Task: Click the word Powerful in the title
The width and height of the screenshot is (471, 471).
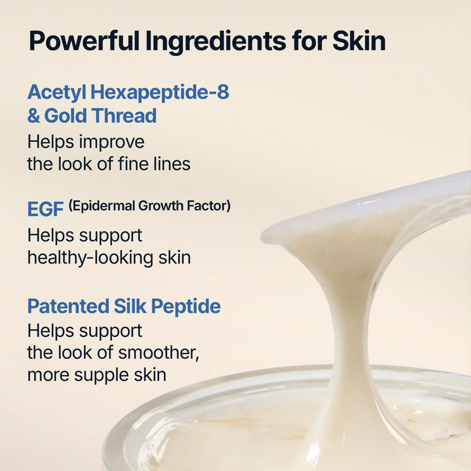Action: click(84, 41)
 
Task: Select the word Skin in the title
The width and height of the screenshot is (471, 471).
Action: click(358, 41)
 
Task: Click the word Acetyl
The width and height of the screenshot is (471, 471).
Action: click(57, 92)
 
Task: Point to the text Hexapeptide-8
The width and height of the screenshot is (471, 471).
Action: click(160, 92)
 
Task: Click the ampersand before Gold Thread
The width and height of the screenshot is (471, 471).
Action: click(33, 116)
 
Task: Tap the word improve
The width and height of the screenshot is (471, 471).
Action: click(112, 142)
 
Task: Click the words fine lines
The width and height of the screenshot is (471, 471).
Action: click(154, 164)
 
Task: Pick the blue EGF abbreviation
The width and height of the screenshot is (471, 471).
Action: click(45, 209)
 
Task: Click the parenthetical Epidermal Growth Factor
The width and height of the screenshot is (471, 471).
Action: click(150, 206)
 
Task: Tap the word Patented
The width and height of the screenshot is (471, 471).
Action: click(68, 306)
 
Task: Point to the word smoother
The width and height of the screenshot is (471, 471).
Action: click(158, 353)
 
